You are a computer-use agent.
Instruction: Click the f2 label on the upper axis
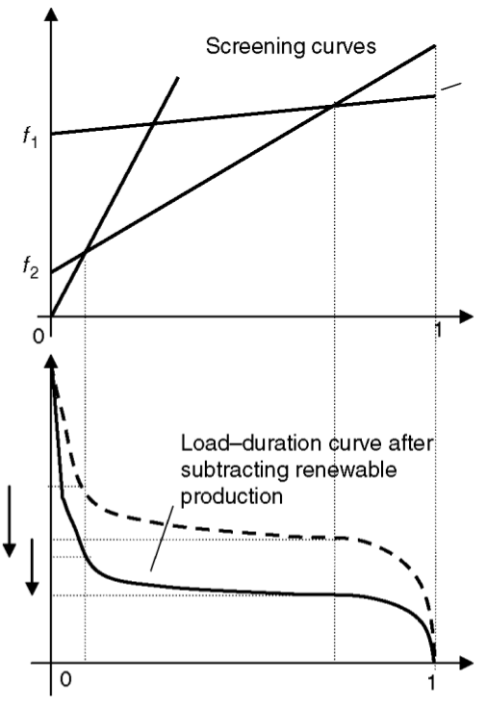(x=31, y=267)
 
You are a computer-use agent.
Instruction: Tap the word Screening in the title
(x=251, y=47)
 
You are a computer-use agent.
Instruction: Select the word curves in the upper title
(x=340, y=46)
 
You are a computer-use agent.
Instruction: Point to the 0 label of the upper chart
(x=38, y=336)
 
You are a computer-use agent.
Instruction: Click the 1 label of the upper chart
(x=437, y=331)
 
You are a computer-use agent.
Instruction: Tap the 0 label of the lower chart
(x=65, y=678)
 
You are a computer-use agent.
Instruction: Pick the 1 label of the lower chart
(x=432, y=682)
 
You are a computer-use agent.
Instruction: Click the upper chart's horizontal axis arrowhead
(x=466, y=316)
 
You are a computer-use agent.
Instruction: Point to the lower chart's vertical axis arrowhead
(x=52, y=362)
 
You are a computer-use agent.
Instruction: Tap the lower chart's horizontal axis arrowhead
(x=466, y=663)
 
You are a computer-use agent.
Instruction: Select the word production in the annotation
(x=232, y=497)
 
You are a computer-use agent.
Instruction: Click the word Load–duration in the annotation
(x=251, y=443)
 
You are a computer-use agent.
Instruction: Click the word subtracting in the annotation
(x=235, y=470)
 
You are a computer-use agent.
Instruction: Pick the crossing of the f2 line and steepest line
(x=86, y=252)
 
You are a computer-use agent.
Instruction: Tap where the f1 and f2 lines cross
(x=334, y=106)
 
